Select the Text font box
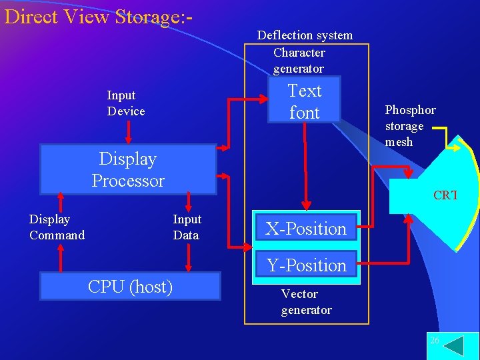pos(304,101)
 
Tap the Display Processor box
pos(128,170)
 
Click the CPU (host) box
pos(131,287)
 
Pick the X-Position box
pos(306,229)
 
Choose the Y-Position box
pos(306,265)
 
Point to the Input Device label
pos(125,103)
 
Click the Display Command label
pos(57,227)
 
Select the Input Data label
pos(187,227)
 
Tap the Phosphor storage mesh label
pos(409,126)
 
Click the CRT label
pos(445,195)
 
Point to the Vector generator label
pos(306,302)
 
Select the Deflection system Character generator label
pos(305,52)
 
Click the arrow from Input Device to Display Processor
pos(129,131)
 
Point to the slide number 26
pos(435,341)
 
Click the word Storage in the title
pos(145,16)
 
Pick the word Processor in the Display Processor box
pos(128,181)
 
